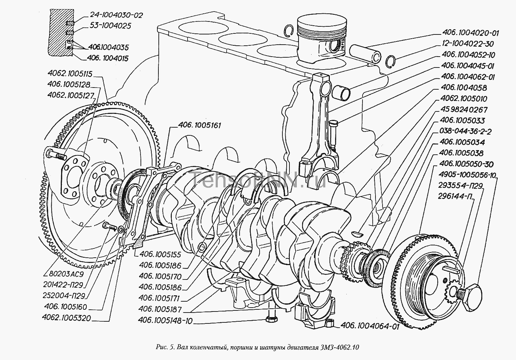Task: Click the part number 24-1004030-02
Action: [x=112, y=15]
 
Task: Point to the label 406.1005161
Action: [x=200, y=125]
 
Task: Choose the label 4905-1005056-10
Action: [x=466, y=175]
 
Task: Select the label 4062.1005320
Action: [x=66, y=318]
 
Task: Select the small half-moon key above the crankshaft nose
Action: [x=358, y=233]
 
